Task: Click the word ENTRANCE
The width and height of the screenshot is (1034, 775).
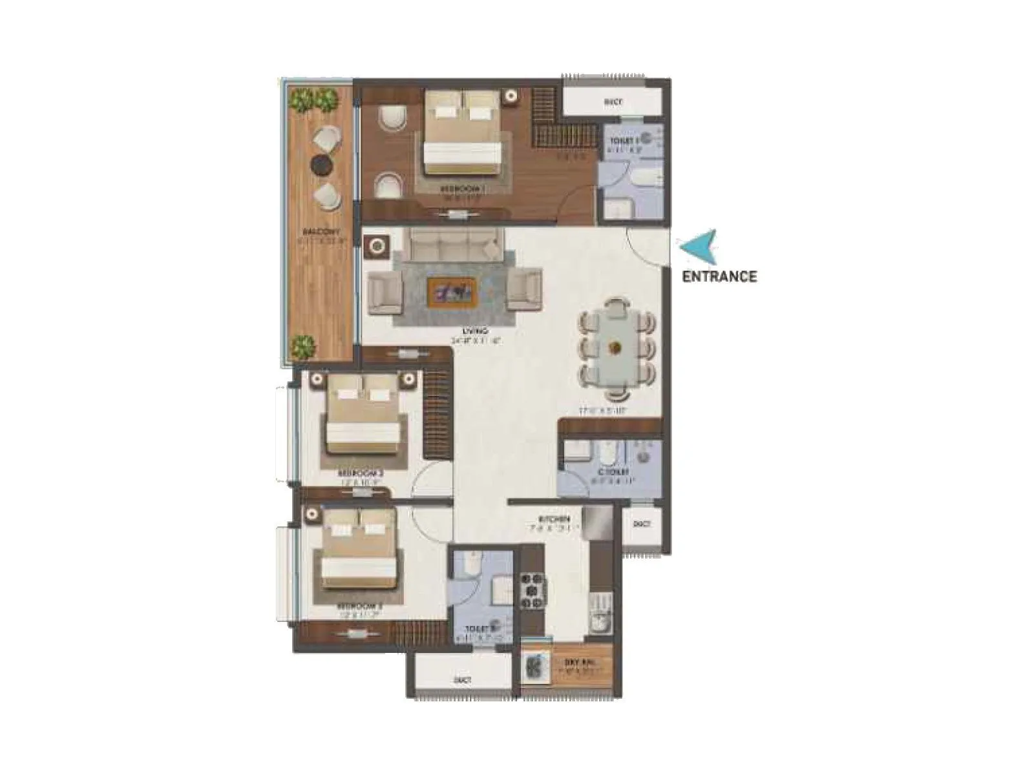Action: click(719, 276)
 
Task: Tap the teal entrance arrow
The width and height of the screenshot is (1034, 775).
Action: click(697, 246)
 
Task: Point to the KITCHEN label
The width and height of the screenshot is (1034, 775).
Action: click(555, 519)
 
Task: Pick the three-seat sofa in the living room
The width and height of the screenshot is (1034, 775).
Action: click(454, 245)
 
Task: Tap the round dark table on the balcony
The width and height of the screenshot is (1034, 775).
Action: click(321, 164)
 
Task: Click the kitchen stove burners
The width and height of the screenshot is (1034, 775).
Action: click(533, 590)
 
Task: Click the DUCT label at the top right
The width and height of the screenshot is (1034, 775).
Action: click(613, 102)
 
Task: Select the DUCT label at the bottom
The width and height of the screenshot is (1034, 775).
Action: click(463, 680)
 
